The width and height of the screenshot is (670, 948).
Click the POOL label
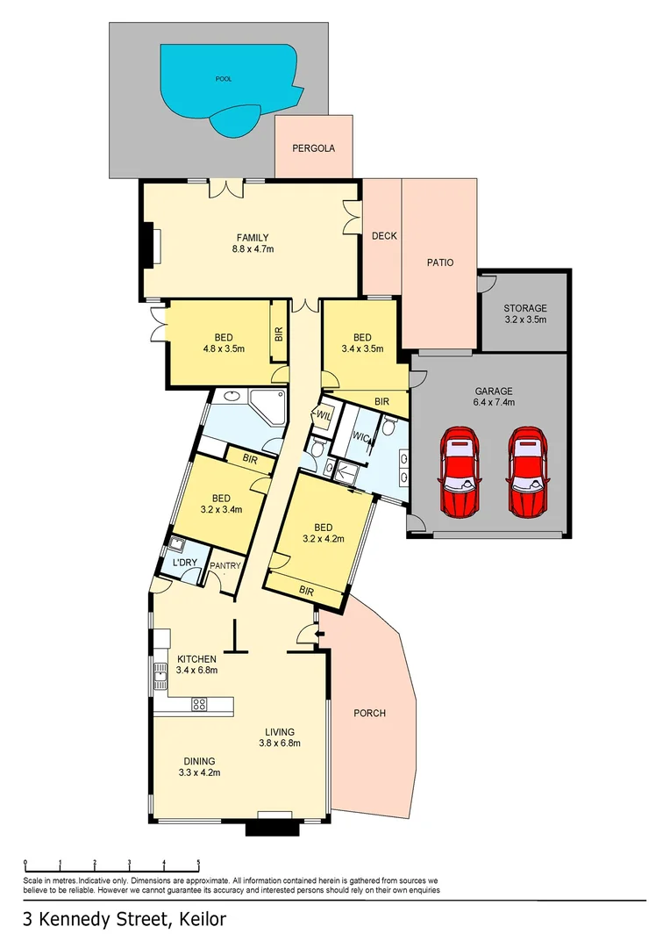(x=224, y=79)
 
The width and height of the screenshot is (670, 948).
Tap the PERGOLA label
(x=314, y=148)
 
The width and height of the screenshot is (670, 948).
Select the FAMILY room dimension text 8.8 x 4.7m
(x=253, y=248)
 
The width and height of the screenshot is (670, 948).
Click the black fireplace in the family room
(x=146, y=245)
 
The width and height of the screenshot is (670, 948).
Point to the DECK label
(x=384, y=236)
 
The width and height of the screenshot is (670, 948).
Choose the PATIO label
(x=440, y=262)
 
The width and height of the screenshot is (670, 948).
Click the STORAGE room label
(x=525, y=308)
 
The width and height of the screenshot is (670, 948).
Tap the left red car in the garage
(x=460, y=471)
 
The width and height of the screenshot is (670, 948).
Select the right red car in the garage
(x=528, y=471)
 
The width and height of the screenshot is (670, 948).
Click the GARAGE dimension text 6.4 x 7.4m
(x=494, y=402)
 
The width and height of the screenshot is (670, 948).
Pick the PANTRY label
(x=225, y=566)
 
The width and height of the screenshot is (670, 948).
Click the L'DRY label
(x=185, y=563)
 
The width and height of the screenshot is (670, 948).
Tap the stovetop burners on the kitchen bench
(x=199, y=704)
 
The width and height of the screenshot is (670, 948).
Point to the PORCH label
(x=370, y=714)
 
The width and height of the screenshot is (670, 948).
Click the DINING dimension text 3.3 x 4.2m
(x=199, y=772)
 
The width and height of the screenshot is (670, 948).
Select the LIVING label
(x=280, y=732)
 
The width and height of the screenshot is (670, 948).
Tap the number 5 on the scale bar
(x=198, y=862)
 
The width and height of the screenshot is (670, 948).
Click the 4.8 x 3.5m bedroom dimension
(x=224, y=348)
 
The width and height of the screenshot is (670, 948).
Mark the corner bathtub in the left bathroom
(x=267, y=406)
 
